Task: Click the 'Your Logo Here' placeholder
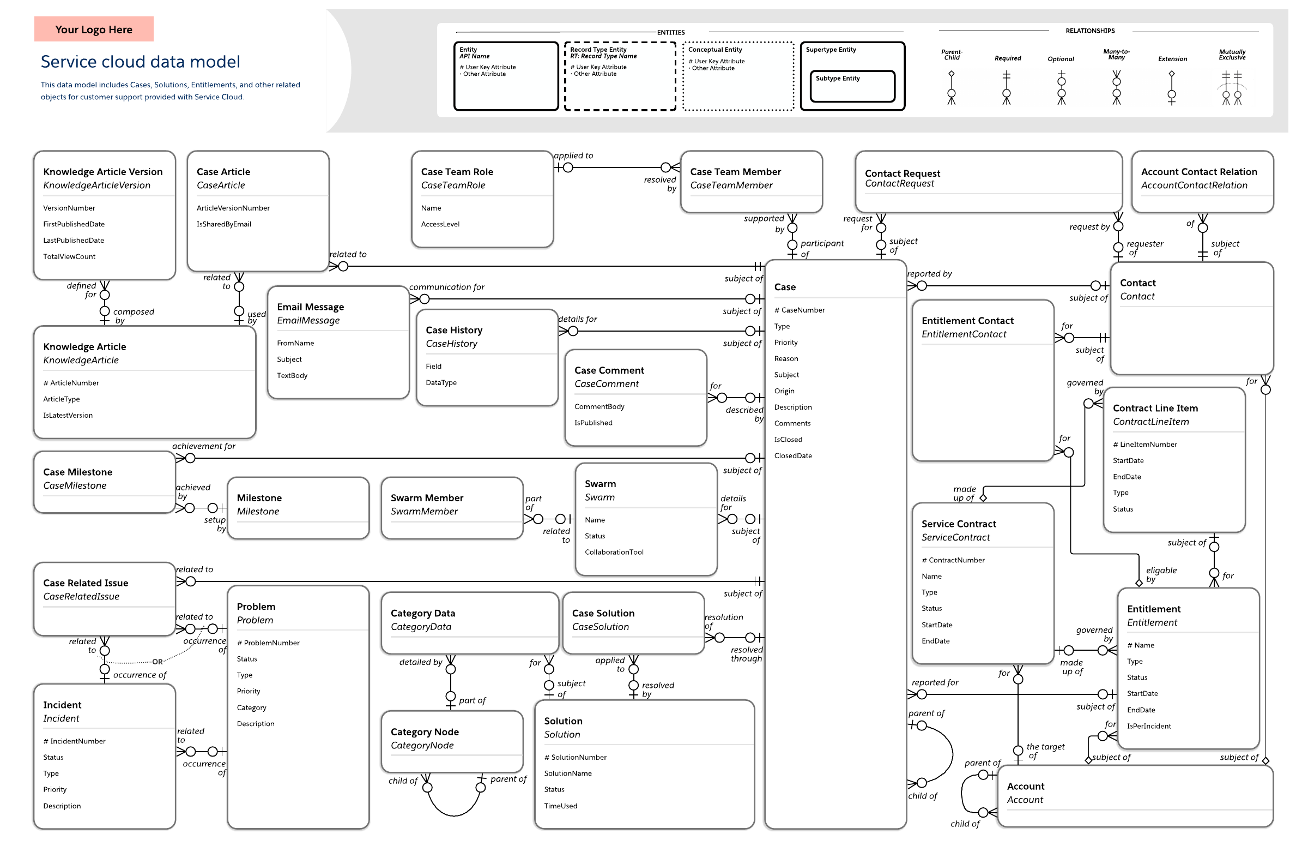pyautogui.click(x=93, y=29)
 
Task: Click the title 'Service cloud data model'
pyautogui.click(x=140, y=62)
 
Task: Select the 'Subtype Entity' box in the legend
pyautogui.click(x=852, y=86)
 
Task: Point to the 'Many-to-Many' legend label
pyautogui.click(x=1116, y=55)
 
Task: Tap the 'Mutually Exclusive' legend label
pyautogui.click(x=1232, y=55)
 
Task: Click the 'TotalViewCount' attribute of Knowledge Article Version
pyautogui.click(x=69, y=256)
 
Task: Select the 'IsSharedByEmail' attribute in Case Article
pyautogui.click(x=223, y=224)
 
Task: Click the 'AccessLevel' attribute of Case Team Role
pyautogui.click(x=440, y=224)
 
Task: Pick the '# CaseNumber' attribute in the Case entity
pyautogui.click(x=800, y=310)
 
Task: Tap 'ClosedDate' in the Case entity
pyautogui.click(x=793, y=455)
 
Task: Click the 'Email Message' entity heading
pyautogui.click(x=311, y=307)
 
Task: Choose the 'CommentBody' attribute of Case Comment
pyautogui.click(x=599, y=406)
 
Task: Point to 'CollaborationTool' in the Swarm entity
pyautogui.click(x=614, y=552)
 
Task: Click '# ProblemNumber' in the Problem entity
pyautogui.click(x=268, y=643)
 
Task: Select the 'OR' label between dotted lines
pyautogui.click(x=158, y=662)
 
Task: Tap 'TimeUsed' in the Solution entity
pyautogui.click(x=561, y=806)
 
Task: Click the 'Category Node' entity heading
pyautogui.click(x=425, y=732)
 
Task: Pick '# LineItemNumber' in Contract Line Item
pyautogui.click(x=1145, y=445)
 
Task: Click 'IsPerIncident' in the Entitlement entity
pyautogui.click(x=1149, y=726)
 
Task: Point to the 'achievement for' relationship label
pyautogui.click(x=204, y=446)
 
